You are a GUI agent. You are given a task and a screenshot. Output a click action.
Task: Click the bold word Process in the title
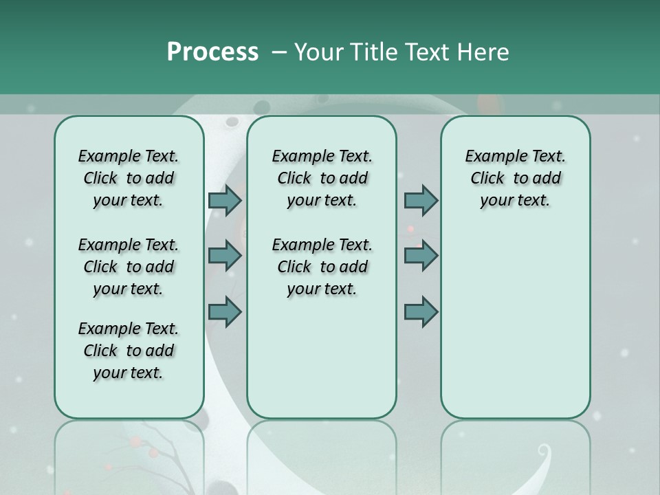point(212,52)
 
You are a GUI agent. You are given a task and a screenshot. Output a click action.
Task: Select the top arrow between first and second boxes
point(225,201)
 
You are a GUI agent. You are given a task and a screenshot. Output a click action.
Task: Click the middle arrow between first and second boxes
point(225,256)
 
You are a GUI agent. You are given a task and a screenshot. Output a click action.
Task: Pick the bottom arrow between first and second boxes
point(225,312)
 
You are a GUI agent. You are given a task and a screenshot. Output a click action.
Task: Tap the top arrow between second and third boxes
point(421,201)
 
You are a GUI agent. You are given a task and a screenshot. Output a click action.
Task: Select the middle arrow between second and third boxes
point(421,256)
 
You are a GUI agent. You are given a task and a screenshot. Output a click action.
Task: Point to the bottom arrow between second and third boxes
point(421,312)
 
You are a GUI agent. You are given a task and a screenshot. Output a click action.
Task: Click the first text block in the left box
point(129,178)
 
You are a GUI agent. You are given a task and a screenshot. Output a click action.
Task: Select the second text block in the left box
point(129,267)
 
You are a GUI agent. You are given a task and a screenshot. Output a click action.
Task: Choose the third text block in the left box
point(129,351)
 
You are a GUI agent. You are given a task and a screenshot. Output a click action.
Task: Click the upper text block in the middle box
point(322,178)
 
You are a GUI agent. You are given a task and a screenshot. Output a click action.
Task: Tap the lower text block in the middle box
point(322,267)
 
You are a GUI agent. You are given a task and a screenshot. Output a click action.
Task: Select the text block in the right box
point(516,178)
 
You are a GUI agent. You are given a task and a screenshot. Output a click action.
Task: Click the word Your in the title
point(318,52)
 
